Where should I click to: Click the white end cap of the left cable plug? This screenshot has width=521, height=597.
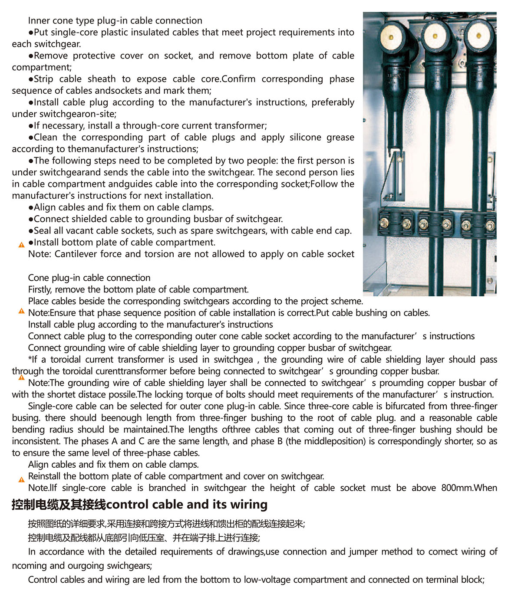391,36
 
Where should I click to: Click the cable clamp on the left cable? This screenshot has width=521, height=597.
396,223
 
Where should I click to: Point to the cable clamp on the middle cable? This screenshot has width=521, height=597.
435,224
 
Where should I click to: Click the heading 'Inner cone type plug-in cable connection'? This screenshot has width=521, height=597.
115,20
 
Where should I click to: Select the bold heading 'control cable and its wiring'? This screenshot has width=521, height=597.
187,504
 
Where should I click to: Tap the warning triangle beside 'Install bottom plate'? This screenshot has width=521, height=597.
21,245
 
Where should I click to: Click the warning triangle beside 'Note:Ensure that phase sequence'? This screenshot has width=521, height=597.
21,311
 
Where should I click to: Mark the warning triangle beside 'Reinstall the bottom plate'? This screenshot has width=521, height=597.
21,479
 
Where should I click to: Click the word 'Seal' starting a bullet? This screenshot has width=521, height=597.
43,230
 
